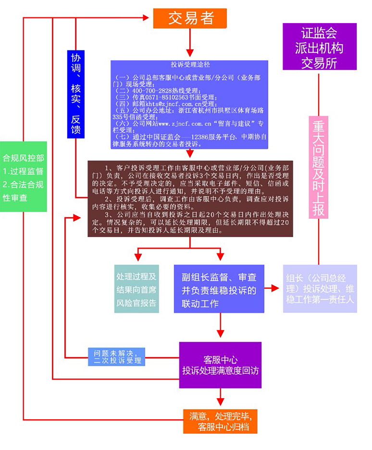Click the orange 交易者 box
(190, 18)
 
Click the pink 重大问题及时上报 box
(319, 168)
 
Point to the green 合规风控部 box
(23, 176)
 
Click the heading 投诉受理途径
(191, 64)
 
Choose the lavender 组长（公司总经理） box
(320, 289)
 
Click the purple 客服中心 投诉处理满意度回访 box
(221, 365)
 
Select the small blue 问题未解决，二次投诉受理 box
(115, 356)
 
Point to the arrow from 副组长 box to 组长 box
(272, 288)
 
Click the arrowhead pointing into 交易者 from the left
(147, 18)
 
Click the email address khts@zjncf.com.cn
(153, 103)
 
